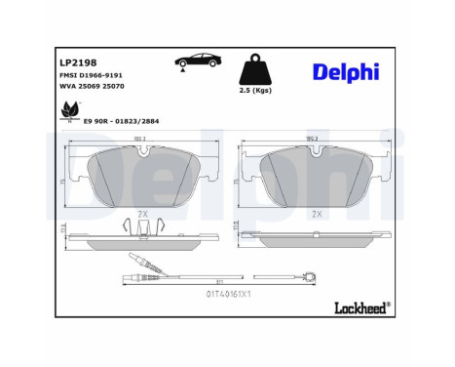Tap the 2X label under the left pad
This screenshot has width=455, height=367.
pyautogui.click(x=142, y=212)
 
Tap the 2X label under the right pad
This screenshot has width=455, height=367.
pyautogui.click(x=316, y=212)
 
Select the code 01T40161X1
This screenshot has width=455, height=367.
pyautogui.click(x=229, y=292)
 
